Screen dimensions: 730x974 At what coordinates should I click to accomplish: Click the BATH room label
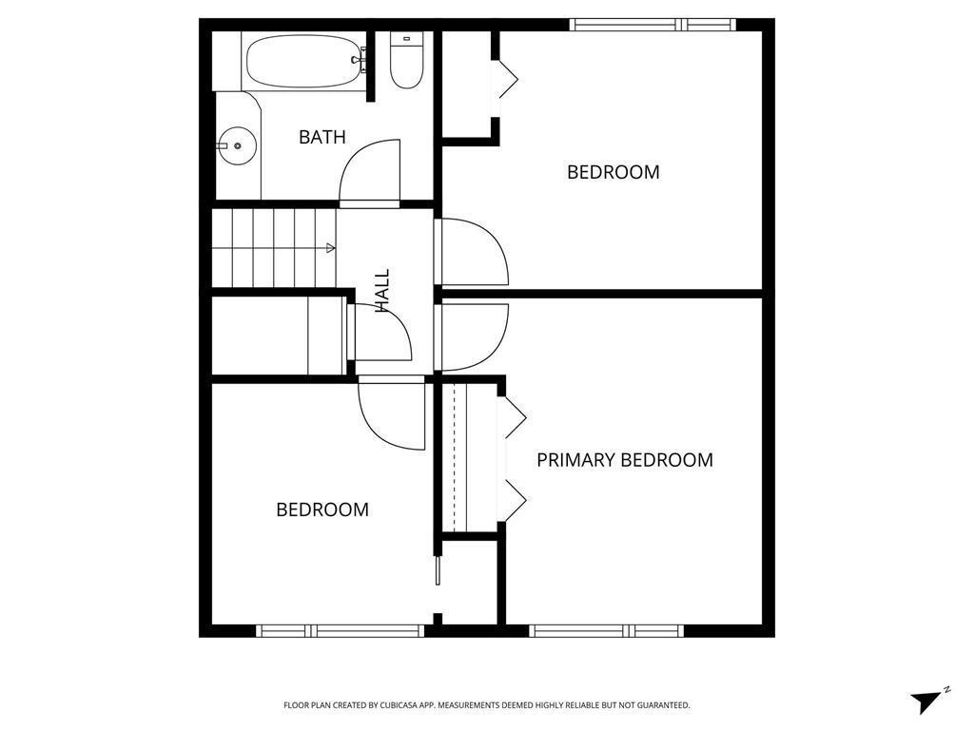(321, 137)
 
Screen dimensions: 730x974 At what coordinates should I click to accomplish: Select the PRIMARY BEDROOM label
(624, 460)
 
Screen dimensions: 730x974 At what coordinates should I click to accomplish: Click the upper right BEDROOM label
(613, 172)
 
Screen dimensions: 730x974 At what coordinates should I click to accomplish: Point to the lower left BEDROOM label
(321, 509)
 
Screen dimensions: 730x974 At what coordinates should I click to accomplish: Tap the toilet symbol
(406, 63)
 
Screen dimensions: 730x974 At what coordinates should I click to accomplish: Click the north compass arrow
(926, 701)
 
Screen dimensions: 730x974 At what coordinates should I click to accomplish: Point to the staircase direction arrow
(330, 248)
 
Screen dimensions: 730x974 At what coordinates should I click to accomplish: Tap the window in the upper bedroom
(653, 25)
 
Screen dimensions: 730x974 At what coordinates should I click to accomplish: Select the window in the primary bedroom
(606, 630)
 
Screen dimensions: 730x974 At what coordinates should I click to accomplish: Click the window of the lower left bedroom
(340, 630)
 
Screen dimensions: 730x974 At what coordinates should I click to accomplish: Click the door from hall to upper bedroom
(473, 251)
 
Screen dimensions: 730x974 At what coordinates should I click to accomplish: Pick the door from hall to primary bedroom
(473, 337)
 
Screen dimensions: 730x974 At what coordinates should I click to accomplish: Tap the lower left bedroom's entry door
(390, 414)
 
